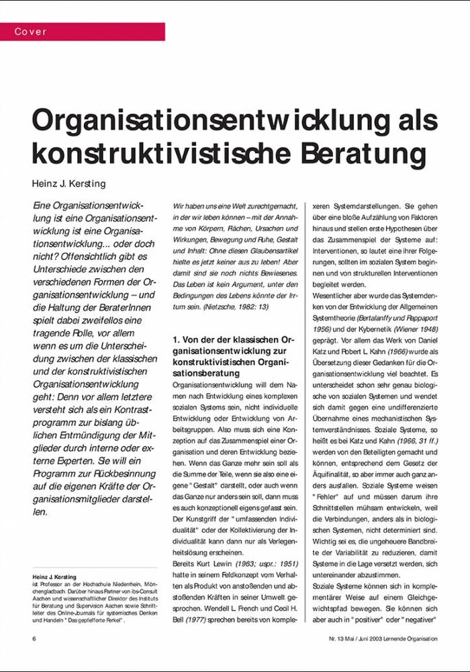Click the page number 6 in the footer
click(x=34, y=637)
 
